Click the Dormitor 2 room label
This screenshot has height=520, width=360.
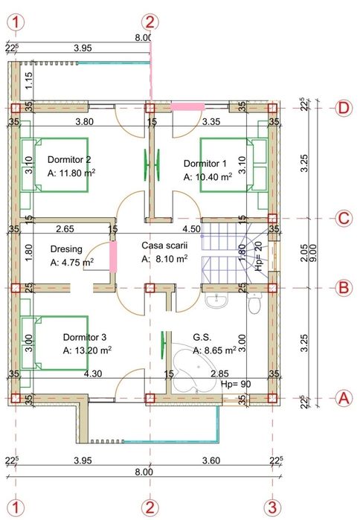69,159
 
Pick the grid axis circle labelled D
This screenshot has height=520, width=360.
343,108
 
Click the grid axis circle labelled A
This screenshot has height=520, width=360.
343,398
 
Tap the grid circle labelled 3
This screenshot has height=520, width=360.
273,507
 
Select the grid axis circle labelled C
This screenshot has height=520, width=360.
343,218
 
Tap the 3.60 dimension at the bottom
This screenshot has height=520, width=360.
212,460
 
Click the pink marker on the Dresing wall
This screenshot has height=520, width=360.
114,256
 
